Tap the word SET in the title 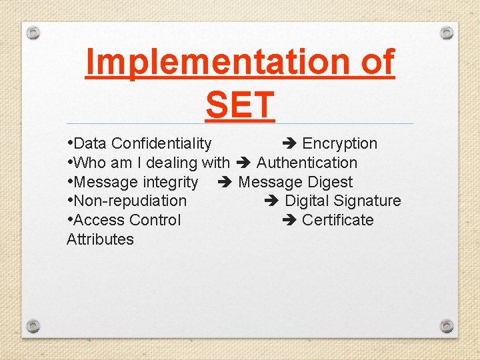coord(240,105)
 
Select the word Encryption coord(339,144)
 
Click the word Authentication coord(307,163)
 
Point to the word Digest coord(330,182)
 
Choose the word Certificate coord(337,220)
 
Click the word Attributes coord(100,239)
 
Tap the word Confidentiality coord(161,144)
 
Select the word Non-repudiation coord(130,201)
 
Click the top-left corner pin coord(34,32)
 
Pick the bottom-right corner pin coord(447,326)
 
